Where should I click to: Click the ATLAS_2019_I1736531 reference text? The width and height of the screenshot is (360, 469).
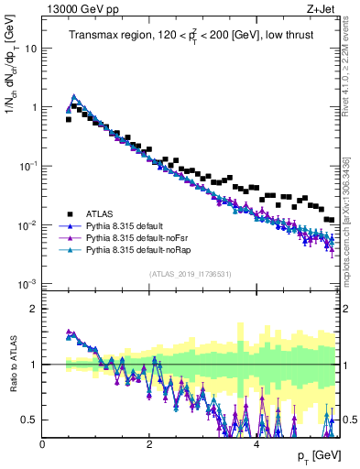click(190, 274)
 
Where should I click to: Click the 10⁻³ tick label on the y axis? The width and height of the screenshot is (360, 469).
click(27, 284)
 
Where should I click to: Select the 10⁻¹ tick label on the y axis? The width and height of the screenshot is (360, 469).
click(27, 166)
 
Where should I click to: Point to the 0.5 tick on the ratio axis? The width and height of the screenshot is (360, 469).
click(30, 420)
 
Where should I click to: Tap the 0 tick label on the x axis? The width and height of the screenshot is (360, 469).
click(43, 443)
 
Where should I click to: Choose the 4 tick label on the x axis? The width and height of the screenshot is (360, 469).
click(256, 443)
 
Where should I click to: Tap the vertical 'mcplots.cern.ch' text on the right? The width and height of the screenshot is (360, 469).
click(352, 220)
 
